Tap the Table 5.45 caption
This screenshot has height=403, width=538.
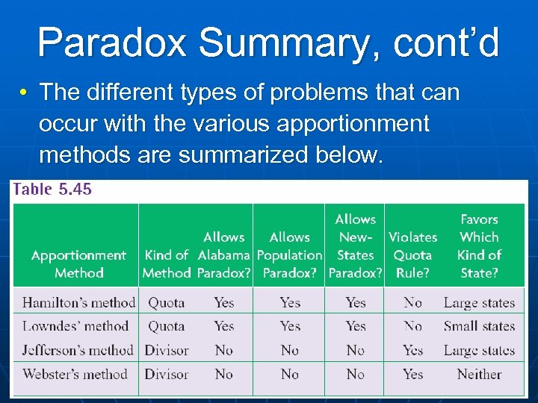click(52, 189)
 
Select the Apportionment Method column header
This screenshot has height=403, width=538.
click(78, 264)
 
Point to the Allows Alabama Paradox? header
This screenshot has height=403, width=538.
click(224, 255)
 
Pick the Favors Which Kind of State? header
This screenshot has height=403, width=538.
click(479, 246)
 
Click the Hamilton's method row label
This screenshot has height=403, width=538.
click(78, 302)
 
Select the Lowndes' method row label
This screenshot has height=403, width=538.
click(75, 326)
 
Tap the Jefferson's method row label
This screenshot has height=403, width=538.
click(78, 350)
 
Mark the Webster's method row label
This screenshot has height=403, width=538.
click(75, 374)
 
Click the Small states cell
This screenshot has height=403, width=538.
click(479, 326)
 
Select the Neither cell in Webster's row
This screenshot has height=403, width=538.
click(479, 374)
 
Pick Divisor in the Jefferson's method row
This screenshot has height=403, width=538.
click(167, 350)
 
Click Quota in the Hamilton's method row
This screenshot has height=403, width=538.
click(166, 302)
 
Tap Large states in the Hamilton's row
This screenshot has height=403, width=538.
click(479, 302)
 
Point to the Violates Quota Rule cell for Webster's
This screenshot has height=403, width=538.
click(412, 374)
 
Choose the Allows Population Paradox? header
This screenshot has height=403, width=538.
click(290, 255)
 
